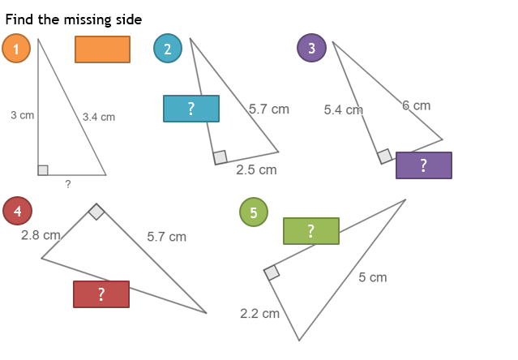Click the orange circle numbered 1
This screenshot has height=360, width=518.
(16, 49)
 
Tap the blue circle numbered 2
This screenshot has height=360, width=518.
(168, 49)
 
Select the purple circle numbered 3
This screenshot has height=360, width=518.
(311, 48)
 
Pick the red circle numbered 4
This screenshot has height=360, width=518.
(18, 211)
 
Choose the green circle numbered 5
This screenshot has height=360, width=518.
(254, 212)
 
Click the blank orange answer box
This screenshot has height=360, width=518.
(102, 49)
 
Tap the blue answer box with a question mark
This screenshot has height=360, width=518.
(191, 109)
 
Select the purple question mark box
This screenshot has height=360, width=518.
(424, 165)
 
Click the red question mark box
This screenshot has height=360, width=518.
(101, 294)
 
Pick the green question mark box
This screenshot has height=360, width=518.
(311, 231)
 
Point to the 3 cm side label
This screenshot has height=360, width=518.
(23, 116)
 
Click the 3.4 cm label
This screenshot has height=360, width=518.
(99, 118)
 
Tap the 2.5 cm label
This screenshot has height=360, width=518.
(256, 169)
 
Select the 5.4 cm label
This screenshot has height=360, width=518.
(343, 109)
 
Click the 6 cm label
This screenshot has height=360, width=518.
(417, 105)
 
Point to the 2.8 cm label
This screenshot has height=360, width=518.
(41, 235)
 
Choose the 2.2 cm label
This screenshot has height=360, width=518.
(259, 313)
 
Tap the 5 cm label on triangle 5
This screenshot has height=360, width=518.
(373, 277)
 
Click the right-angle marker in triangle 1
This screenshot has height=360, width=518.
(43, 170)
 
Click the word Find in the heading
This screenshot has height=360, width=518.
(19, 19)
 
